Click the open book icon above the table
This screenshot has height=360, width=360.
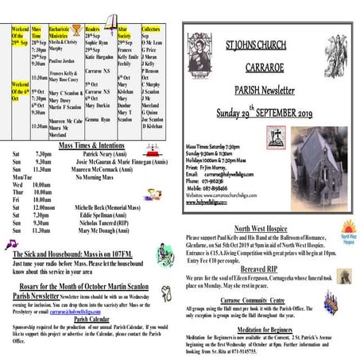tap(113, 19)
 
